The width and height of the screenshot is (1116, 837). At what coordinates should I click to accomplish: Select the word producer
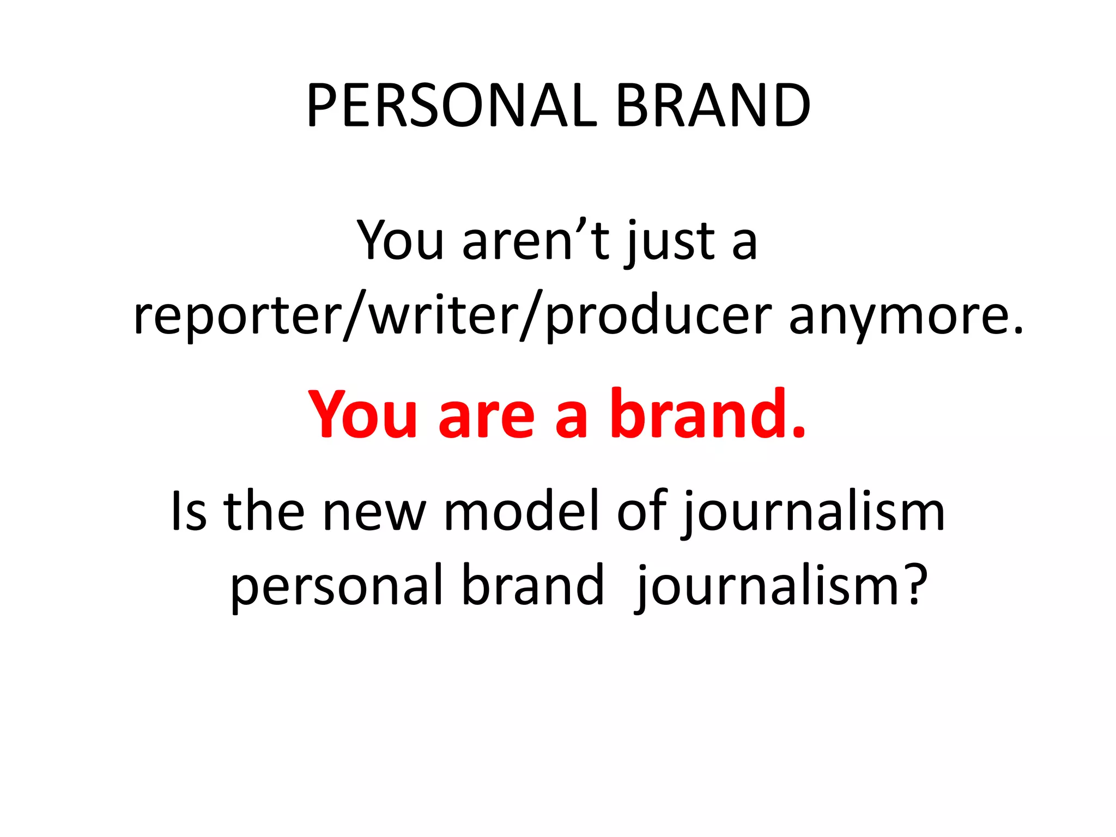(x=658, y=316)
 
